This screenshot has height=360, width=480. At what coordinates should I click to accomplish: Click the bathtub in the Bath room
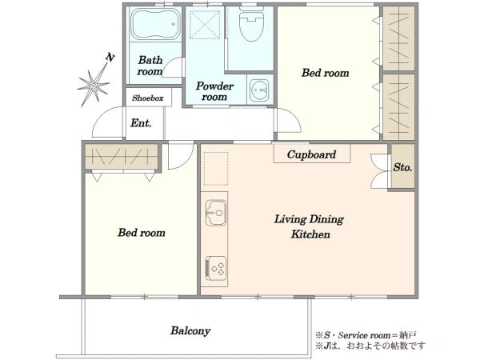coord(155,24)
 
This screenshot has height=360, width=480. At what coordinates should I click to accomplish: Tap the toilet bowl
coord(251,25)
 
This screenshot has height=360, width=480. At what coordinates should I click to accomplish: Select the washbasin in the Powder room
coord(259,90)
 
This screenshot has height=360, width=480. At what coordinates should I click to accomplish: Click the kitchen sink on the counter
coord(216,213)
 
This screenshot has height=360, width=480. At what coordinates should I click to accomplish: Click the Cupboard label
coord(311,154)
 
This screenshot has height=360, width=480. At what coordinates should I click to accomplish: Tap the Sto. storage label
coord(402,167)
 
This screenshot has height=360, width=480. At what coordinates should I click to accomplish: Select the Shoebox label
coord(148,98)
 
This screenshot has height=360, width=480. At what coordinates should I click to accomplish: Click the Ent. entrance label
coord(141,123)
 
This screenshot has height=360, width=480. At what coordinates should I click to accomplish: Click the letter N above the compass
coord(110,57)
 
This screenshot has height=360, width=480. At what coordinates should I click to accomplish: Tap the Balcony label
coord(190,331)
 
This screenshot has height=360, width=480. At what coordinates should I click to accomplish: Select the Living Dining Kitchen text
coord(309,227)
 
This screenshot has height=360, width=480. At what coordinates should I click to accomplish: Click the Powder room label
coord(214,91)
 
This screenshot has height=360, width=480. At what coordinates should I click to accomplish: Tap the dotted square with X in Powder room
coord(205,25)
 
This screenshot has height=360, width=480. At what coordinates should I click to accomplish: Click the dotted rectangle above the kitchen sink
coord(216,169)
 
